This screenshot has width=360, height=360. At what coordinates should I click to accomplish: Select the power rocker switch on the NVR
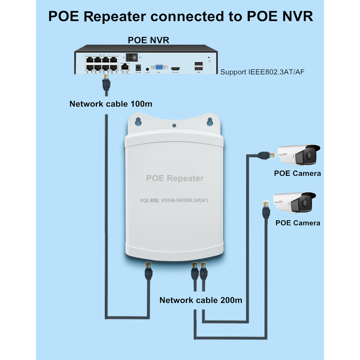click(x=135, y=57)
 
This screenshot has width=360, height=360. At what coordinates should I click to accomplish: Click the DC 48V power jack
click(x=137, y=67)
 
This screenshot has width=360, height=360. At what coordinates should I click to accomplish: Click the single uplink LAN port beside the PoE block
click(x=125, y=66)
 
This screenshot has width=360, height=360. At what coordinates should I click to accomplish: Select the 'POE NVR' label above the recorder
click(x=148, y=40)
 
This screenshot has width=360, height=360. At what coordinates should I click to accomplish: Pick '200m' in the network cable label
click(x=230, y=300)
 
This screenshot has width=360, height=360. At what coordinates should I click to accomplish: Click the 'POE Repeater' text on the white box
click(x=175, y=178)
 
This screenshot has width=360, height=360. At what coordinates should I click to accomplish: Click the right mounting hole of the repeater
click(x=210, y=121)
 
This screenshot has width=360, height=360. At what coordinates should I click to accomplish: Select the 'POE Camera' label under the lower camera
click(x=297, y=222)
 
